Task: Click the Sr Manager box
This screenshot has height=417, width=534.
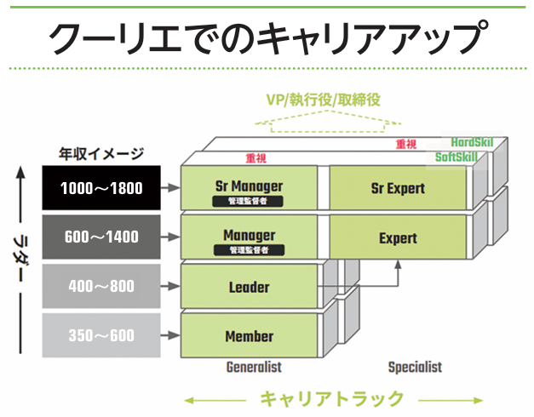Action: tap(249, 187)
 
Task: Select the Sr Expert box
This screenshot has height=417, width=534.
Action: tap(398, 187)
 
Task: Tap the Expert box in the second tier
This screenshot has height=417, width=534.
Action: tap(398, 237)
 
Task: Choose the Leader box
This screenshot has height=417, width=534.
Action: tap(249, 286)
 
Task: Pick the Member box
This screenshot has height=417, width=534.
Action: tap(249, 335)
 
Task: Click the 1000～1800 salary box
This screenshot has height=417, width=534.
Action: tap(101, 187)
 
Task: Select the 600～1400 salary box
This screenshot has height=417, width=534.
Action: tap(101, 237)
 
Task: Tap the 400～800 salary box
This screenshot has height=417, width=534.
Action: tap(101, 286)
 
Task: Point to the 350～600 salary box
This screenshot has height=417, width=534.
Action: tap(101, 335)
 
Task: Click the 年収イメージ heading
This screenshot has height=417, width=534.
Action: tap(101, 154)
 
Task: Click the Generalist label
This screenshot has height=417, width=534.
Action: tap(254, 367)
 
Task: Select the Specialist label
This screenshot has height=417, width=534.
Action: tap(415, 367)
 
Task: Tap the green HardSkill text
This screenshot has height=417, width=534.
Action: tap(472, 142)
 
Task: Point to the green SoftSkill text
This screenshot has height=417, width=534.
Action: tap(456, 157)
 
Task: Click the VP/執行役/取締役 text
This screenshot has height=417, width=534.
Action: tap(323, 100)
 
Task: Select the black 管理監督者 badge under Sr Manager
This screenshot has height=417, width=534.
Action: tap(248, 201)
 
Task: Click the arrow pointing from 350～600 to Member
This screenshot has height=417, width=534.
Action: tap(170, 335)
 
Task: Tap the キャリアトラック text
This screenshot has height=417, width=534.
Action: tap(332, 398)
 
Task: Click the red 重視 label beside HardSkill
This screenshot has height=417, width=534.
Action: tap(406, 144)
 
